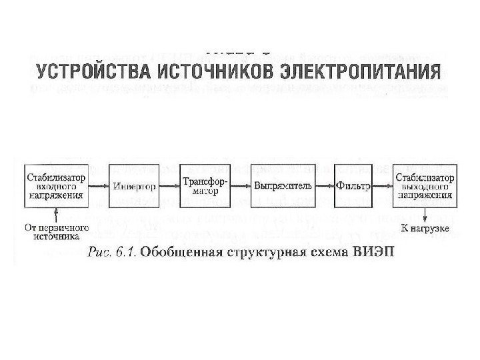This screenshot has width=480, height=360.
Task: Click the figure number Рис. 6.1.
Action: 109,251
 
